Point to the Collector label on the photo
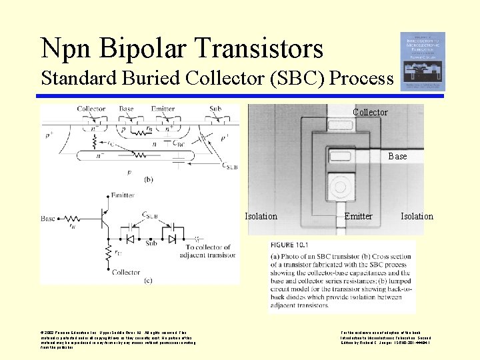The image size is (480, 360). tap(370, 113)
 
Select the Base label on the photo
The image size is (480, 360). tap(397, 156)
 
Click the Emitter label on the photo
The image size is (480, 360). tap(359, 216)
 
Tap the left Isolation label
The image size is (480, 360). tap(261, 216)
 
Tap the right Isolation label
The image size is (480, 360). tap(417, 216)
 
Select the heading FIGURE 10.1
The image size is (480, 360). tap(289, 245)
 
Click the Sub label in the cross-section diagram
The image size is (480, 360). tap(215, 109)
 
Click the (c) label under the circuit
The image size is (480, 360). tap(148, 279)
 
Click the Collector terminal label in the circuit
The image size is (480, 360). tap(126, 272)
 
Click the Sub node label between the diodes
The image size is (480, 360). tap(153, 243)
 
